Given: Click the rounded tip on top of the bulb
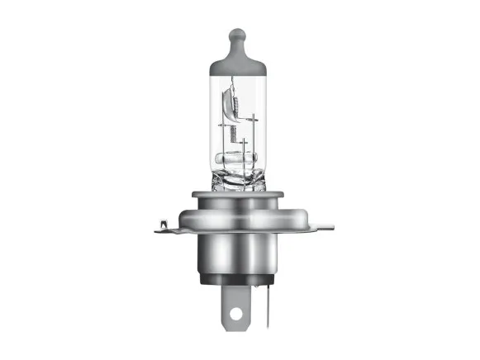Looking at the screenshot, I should click(x=237, y=36).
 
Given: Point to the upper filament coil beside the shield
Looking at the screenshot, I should click(x=230, y=105).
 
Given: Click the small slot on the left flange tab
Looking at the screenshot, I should click(x=164, y=222).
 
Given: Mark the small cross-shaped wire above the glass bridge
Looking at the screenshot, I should click(x=245, y=145).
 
